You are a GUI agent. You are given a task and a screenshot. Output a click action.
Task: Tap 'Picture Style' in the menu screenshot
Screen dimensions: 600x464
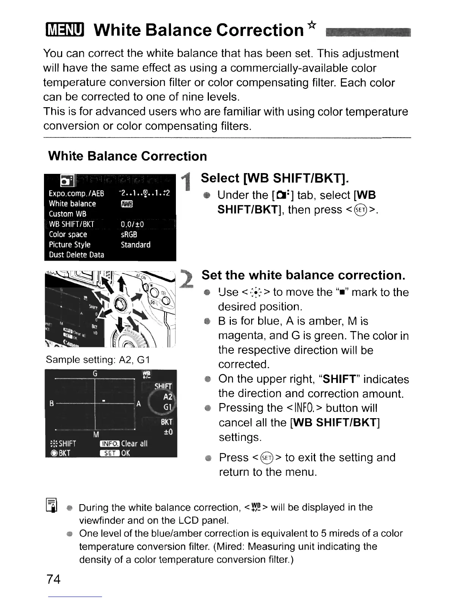(70, 245)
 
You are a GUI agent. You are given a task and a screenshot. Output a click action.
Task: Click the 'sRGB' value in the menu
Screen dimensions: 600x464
(129, 234)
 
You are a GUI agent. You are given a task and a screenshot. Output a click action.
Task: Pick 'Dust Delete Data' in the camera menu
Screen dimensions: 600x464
(77, 255)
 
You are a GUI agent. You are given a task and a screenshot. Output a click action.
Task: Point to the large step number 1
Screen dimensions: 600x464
(185, 181)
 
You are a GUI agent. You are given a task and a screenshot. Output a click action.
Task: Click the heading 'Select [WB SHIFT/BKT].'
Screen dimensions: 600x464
(275, 178)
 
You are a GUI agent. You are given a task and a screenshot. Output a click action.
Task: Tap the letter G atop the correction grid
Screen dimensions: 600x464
(95, 374)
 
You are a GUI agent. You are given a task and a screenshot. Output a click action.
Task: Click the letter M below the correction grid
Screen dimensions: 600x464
(96, 434)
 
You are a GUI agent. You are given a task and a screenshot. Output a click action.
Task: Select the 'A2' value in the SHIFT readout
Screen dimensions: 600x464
(168, 397)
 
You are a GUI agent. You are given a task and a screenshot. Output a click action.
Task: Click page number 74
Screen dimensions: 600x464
(53, 579)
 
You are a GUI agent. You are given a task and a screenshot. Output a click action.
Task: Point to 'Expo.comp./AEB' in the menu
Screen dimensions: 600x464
(76, 194)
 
